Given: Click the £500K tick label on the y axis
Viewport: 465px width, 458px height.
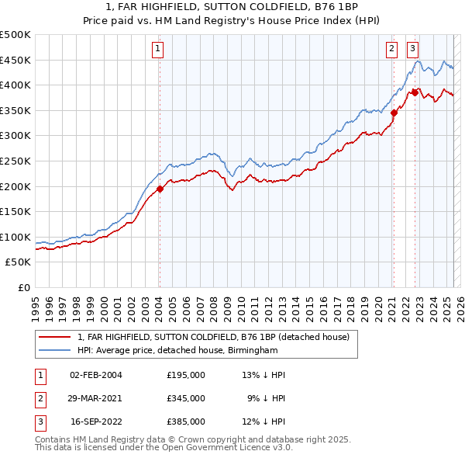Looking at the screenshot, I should click(x=15, y=35).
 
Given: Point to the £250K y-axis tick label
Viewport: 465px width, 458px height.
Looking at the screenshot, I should click(x=15, y=161).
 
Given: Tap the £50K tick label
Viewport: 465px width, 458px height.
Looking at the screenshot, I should click(x=18, y=262).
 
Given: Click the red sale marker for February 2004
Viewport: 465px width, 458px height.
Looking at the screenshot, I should click(x=160, y=189).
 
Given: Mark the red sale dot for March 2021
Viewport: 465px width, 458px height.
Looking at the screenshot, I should click(x=394, y=113).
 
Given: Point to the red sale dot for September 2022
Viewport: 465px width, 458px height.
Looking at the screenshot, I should click(x=415, y=92).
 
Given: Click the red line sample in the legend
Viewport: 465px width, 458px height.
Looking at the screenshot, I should click(x=55, y=338).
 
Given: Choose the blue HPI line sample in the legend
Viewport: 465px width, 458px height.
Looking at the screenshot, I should click(x=55, y=351).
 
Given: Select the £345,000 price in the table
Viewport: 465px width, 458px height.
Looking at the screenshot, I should click(x=186, y=398).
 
